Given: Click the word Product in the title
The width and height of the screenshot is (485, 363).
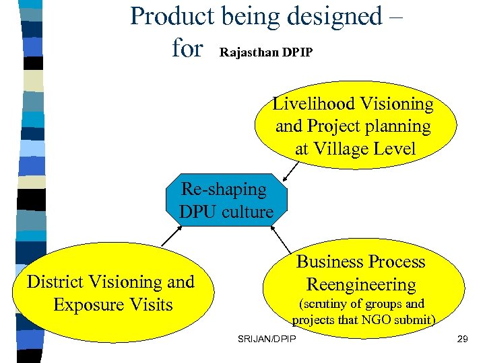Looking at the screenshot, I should [171, 16].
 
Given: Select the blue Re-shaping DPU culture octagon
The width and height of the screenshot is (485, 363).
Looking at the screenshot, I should [226, 201].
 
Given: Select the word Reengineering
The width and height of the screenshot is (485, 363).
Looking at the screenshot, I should [361, 284].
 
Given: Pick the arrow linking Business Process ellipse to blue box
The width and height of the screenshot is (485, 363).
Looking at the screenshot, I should [281, 239].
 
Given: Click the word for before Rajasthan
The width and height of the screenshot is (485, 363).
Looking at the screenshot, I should [187, 48].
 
